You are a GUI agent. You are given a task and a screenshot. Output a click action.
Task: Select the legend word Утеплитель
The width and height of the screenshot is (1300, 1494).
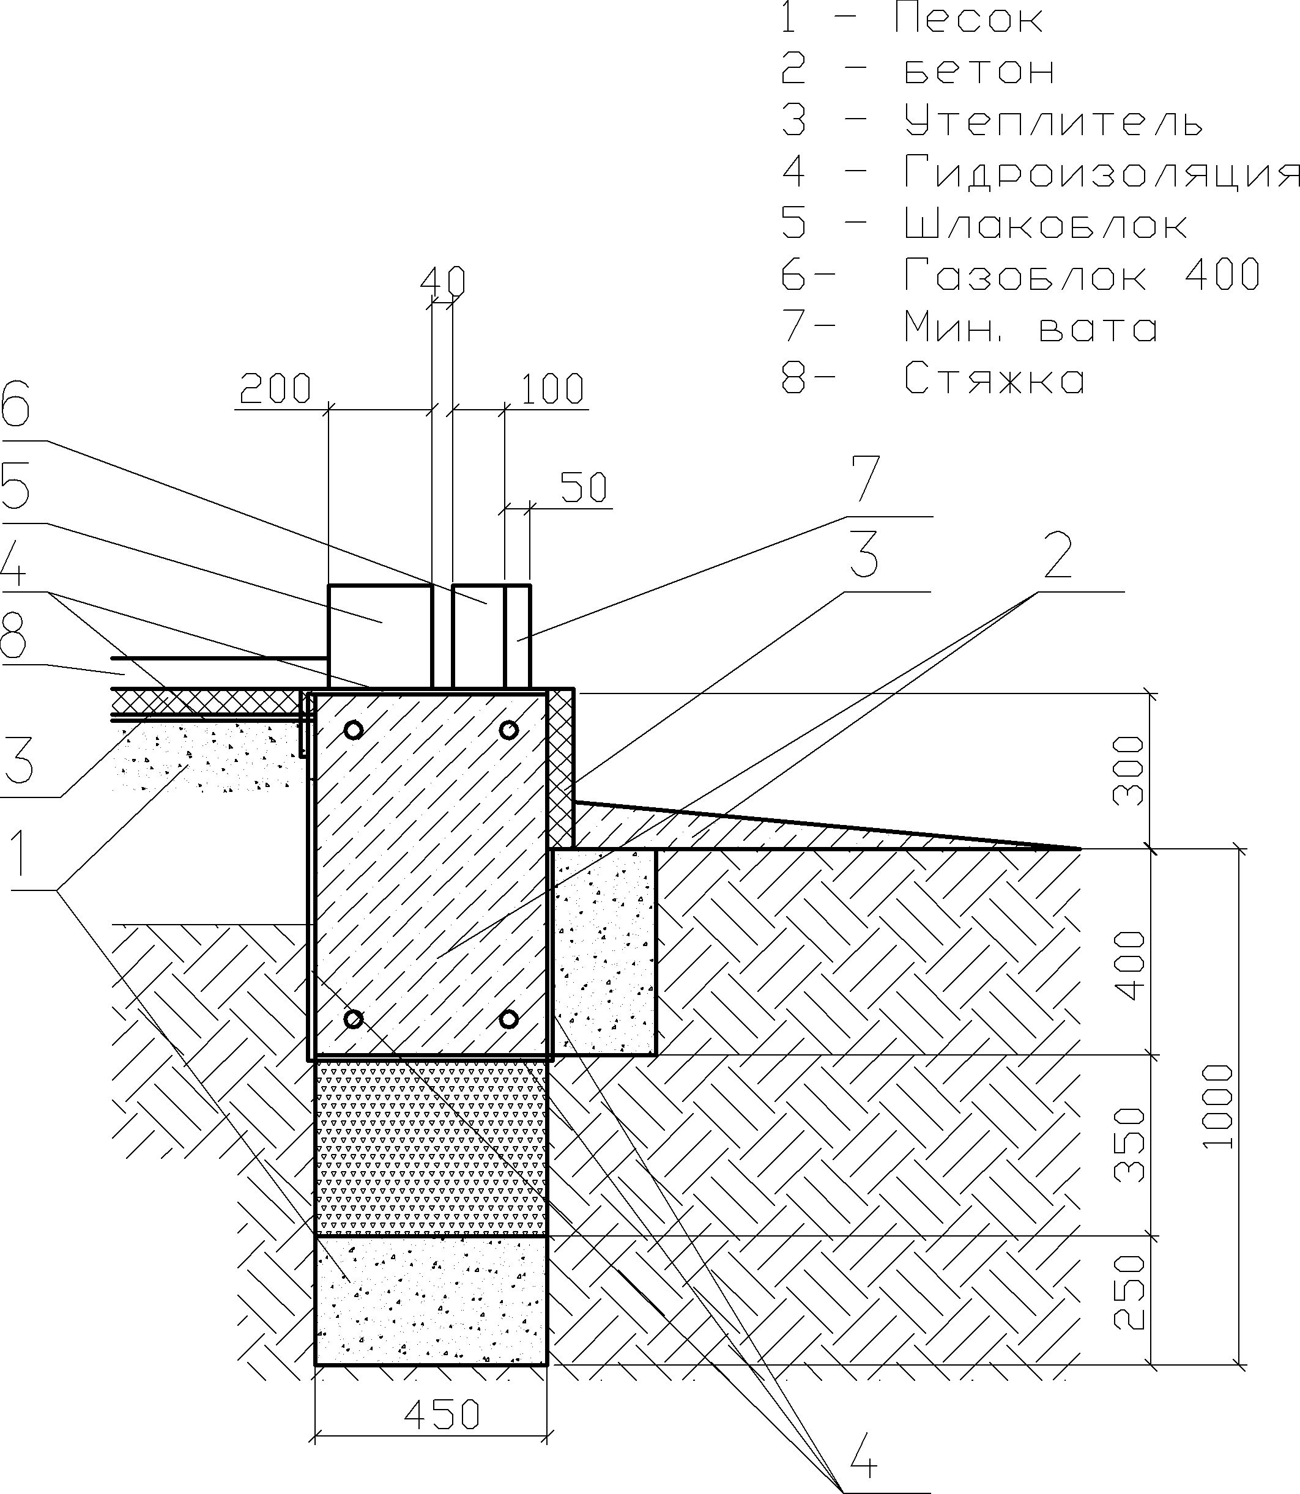[x=1054, y=120]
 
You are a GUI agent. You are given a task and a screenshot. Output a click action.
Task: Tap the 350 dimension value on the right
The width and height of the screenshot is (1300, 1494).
[x=1129, y=1144]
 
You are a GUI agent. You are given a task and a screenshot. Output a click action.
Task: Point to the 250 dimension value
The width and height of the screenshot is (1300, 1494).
[x=1129, y=1292]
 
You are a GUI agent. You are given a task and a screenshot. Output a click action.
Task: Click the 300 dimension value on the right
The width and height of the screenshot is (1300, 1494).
[x=1129, y=770]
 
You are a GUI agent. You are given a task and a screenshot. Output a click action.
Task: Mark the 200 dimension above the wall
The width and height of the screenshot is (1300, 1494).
[x=276, y=389]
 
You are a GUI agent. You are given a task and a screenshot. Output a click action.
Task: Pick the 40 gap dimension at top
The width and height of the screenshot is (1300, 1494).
[x=442, y=282]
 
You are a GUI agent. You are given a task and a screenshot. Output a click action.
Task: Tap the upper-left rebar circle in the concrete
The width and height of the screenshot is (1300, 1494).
[x=353, y=730]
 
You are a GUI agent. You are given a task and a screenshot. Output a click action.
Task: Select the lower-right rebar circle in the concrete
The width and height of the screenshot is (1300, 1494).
[x=508, y=1019]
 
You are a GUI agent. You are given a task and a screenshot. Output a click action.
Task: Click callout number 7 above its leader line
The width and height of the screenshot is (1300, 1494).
[x=866, y=478]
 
